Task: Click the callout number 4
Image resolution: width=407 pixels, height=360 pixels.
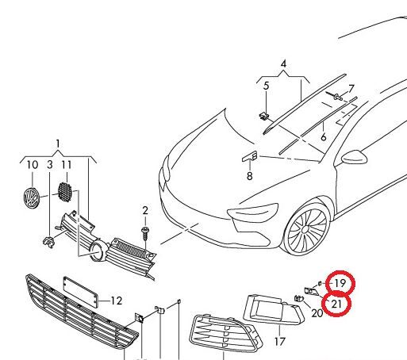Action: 283,64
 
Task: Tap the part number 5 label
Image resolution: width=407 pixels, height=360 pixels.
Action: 266,86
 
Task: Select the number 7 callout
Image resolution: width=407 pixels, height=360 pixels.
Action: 351,89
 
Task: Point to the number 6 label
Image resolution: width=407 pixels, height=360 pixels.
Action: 324,137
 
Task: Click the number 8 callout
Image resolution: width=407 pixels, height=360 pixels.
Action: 250,176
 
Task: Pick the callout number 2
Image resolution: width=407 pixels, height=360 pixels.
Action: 145,211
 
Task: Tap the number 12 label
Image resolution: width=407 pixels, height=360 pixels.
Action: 117,301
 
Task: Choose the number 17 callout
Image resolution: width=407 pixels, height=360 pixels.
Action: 279,342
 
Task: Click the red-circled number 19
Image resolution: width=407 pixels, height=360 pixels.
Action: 340,283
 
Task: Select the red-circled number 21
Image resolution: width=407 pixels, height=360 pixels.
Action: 336,304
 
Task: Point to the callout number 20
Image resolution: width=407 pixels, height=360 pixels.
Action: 317,313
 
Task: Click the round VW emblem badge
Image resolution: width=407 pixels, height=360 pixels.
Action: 31,198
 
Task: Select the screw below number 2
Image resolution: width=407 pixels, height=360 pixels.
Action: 145,233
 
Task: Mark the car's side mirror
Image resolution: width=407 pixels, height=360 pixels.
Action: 355,157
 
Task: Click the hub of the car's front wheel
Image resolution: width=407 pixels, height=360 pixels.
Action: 305,230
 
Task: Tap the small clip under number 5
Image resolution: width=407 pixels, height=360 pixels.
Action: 263,116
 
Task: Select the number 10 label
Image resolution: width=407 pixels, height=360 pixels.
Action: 33,165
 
